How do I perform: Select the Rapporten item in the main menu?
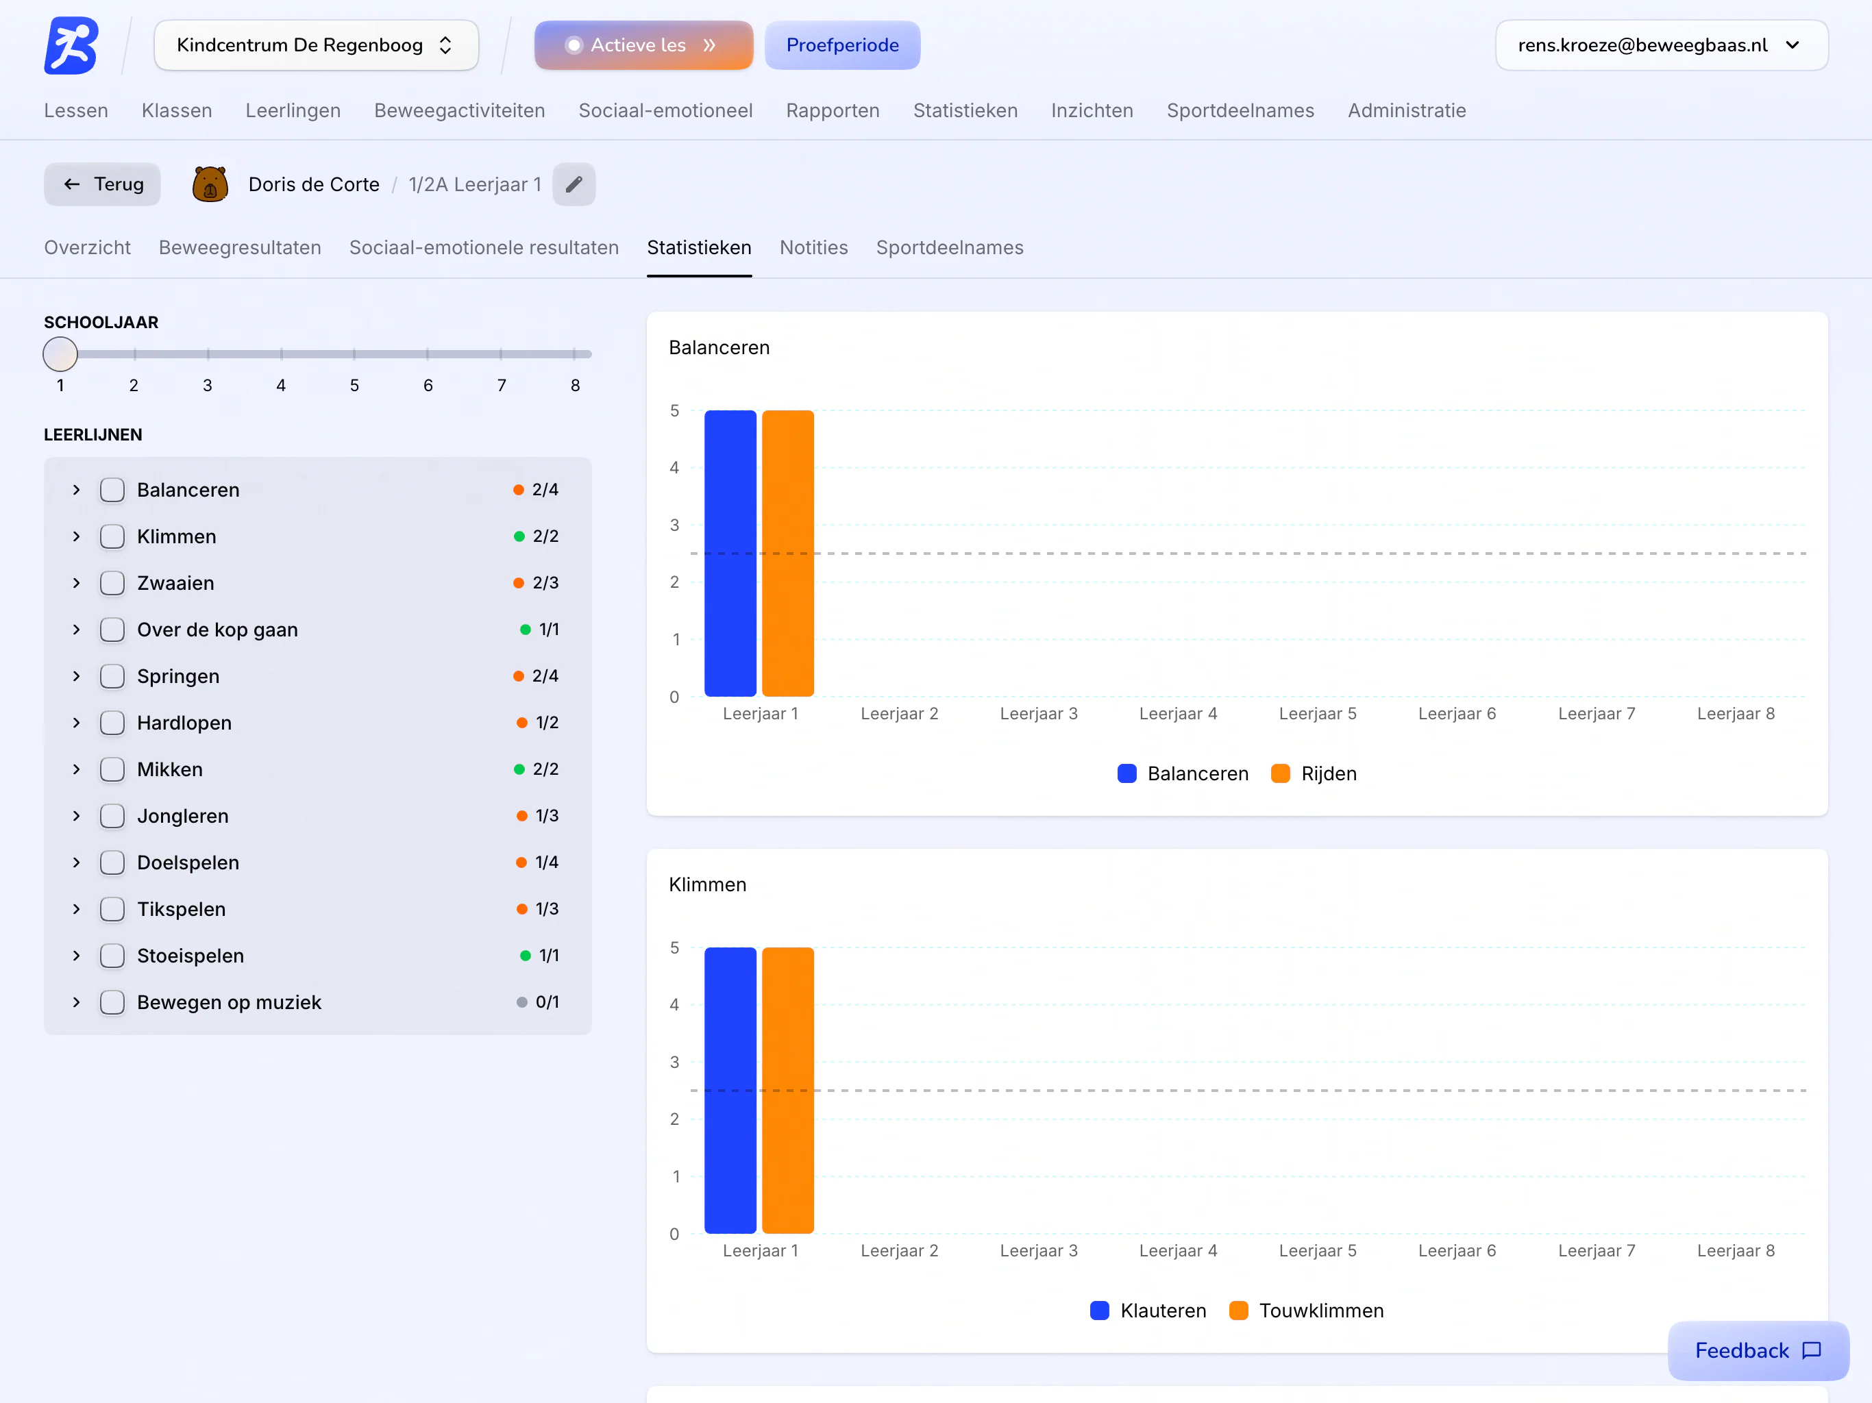pos(833,111)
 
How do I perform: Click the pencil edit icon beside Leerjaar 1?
pos(574,184)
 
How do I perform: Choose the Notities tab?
pos(813,248)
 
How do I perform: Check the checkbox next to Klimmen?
pos(112,536)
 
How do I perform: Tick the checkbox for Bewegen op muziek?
pos(112,1002)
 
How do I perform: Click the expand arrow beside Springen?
pos(76,676)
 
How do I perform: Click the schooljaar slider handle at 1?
pos(60,355)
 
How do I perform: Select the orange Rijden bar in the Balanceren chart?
pos(788,554)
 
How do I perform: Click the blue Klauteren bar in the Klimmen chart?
pos(730,1090)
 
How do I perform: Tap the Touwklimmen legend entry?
pos(1307,1311)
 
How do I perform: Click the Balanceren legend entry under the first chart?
pos(1183,773)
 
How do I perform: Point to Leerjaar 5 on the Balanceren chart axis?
pos(1318,713)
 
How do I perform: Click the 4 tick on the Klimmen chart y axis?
pos(674,1004)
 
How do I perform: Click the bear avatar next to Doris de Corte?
pos(210,184)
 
